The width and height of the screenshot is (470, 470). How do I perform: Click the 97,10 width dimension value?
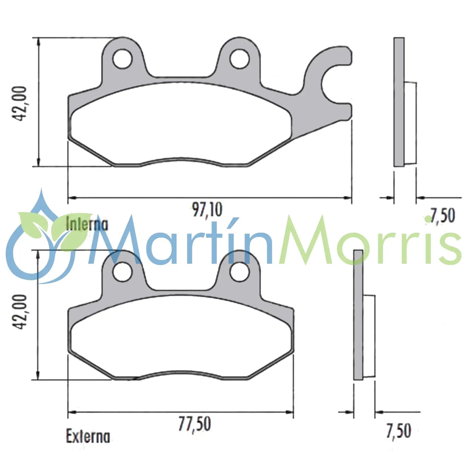[207, 210]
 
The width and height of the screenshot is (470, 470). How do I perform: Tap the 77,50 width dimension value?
[195, 423]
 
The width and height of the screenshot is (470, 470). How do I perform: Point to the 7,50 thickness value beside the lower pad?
[398, 431]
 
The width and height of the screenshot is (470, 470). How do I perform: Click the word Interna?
[87, 224]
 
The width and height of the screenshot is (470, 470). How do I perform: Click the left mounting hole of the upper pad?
[123, 59]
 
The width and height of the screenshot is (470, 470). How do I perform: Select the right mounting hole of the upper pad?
[239, 59]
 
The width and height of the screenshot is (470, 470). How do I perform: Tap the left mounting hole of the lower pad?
[123, 272]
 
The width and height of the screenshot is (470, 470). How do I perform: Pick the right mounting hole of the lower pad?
[239, 272]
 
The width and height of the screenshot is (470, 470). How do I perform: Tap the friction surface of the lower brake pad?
[181, 335]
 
